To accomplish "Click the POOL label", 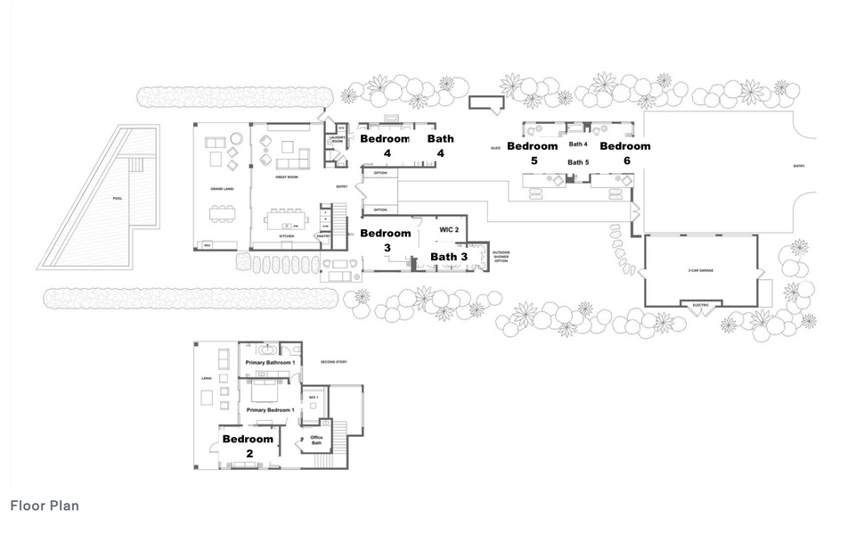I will coord(116,198).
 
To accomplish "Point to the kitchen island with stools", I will coord(284,218).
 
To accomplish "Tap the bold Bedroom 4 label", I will coord(384,145).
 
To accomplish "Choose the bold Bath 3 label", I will coord(449,257).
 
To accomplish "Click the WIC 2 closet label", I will coord(449,229).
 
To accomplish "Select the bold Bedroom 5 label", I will coord(532,152).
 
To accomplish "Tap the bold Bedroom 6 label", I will coord(624,152).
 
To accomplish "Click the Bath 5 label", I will coord(578,162).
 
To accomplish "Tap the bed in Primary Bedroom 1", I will coord(266,391).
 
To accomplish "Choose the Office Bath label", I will coord(315,440).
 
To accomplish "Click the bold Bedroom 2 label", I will coord(248,446).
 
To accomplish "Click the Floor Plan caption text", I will coord(45,506).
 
